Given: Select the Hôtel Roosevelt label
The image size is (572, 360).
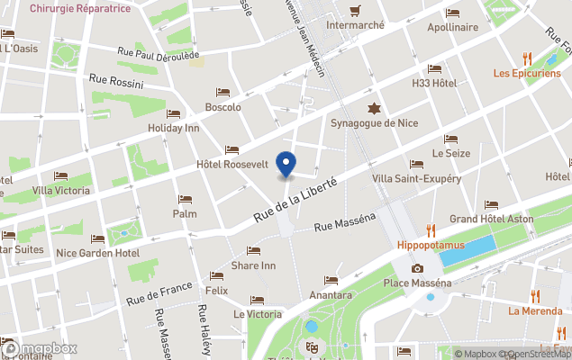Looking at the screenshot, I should point(232,165).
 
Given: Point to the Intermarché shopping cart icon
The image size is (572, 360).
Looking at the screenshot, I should point(355,12).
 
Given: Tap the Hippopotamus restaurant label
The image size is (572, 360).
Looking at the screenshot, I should point(431,244).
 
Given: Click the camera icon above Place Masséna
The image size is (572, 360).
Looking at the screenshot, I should point(417,269).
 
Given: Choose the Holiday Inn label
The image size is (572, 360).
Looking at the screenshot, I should point(173,128).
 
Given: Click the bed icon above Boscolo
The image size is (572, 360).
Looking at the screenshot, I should point(222,93).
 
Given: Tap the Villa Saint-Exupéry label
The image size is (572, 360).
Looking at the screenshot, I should point(416,178).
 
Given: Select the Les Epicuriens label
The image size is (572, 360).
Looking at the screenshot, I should point(527,73).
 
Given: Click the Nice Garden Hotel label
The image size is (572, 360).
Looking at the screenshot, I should point(97,253).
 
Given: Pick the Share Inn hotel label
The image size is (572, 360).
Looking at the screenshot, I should point(253,265).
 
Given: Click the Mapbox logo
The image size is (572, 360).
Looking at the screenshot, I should point(40,348).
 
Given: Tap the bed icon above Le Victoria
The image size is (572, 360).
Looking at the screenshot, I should point(258,301).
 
